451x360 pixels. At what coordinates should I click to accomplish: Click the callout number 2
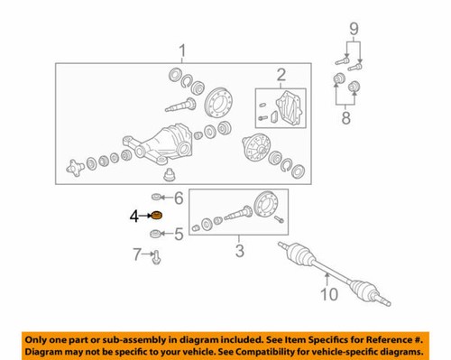point(281,74)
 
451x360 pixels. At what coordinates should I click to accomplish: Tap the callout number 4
point(134,217)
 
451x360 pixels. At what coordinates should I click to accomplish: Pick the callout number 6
point(178,198)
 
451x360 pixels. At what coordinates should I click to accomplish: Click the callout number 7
point(137,255)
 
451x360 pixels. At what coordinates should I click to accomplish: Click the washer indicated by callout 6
point(157,198)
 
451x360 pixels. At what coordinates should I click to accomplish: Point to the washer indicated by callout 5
point(156,234)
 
